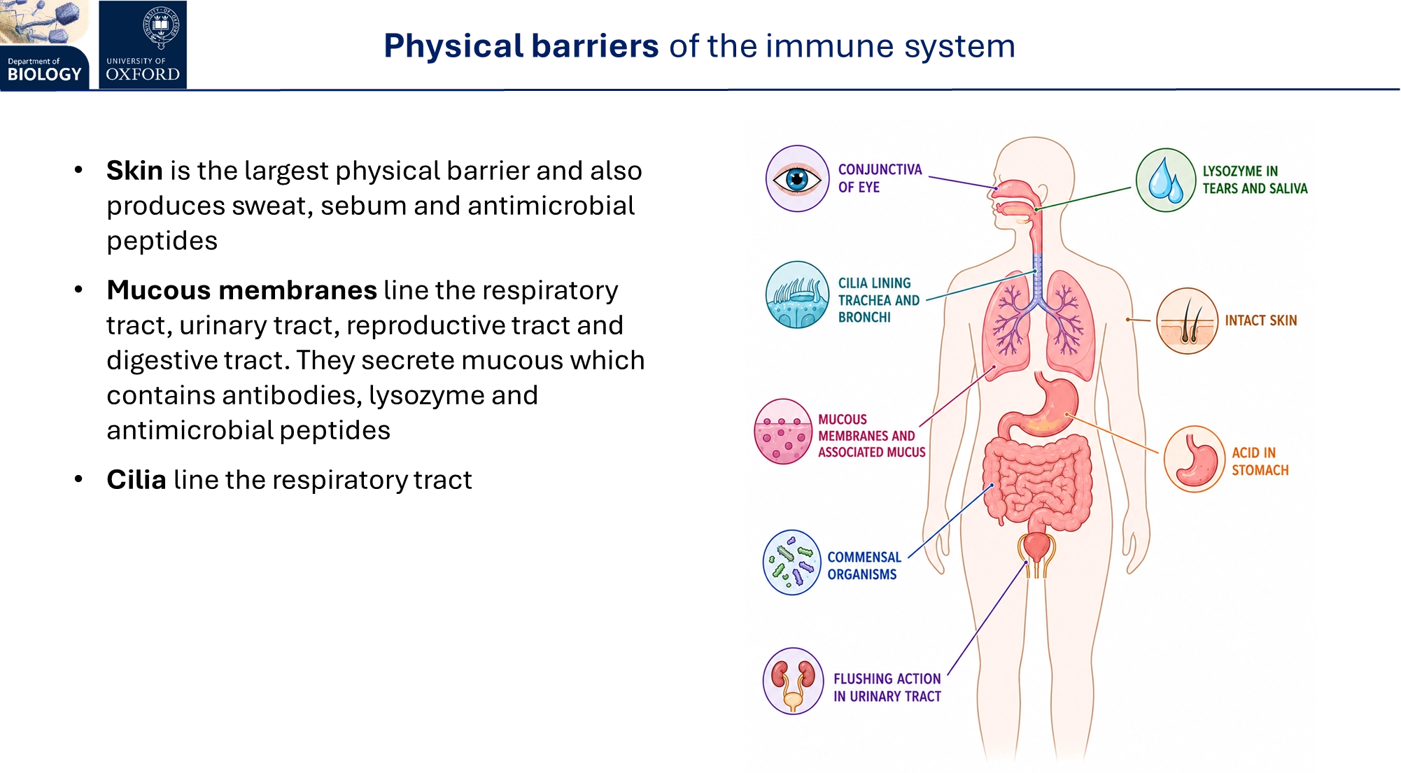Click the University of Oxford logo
pos(143,45)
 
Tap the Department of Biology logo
pos(45,45)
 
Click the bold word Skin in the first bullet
pos(134,171)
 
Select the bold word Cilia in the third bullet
pos(136,480)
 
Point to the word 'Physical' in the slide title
pos(453,47)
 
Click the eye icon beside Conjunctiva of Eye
pos(798,178)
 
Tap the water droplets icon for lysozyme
pos(1166,180)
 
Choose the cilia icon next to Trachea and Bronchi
pos(798,295)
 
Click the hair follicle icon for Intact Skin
pos(1188,321)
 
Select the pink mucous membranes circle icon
pos(784,432)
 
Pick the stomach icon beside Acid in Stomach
pos(1195,460)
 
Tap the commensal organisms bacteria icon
pos(792,562)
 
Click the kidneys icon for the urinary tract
pos(794,681)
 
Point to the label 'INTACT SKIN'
pos(1261,320)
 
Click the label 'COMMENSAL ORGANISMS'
pos(864,566)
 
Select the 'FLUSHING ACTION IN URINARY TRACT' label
pos(887,688)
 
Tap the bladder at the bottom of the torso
pos(1036,546)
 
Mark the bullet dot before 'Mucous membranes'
pos(78,290)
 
